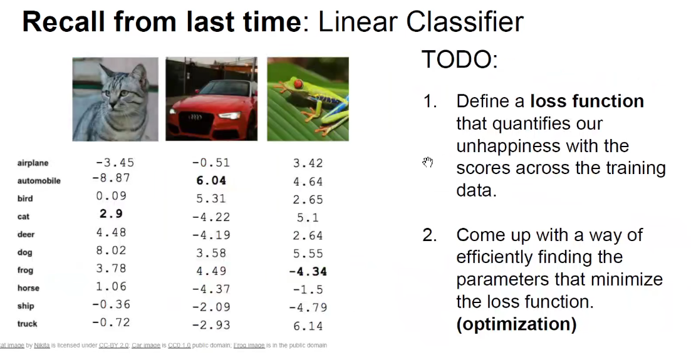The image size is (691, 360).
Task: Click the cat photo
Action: (115, 99)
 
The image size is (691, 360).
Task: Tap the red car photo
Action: (212, 99)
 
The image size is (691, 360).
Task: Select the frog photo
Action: (308, 99)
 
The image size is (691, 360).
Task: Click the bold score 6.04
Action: (211, 181)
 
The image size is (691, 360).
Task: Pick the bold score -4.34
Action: (308, 272)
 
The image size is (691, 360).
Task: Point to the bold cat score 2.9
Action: (111, 213)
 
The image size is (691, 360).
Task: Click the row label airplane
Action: (33, 163)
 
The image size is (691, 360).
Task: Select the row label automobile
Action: (39, 181)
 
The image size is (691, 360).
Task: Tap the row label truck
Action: (28, 324)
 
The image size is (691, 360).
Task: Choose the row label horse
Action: (29, 288)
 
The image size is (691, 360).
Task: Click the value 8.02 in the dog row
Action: (111, 250)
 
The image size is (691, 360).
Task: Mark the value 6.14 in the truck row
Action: (308, 326)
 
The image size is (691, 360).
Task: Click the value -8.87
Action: (111, 178)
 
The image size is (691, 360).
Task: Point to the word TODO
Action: (460, 59)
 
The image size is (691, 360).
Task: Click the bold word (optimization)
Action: (516, 324)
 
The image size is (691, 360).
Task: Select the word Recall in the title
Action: (63, 21)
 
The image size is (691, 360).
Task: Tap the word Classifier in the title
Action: (464, 21)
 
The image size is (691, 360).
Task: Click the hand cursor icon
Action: (427, 162)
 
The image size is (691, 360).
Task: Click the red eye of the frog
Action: (298, 84)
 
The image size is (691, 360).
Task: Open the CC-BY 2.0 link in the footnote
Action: (113, 346)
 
